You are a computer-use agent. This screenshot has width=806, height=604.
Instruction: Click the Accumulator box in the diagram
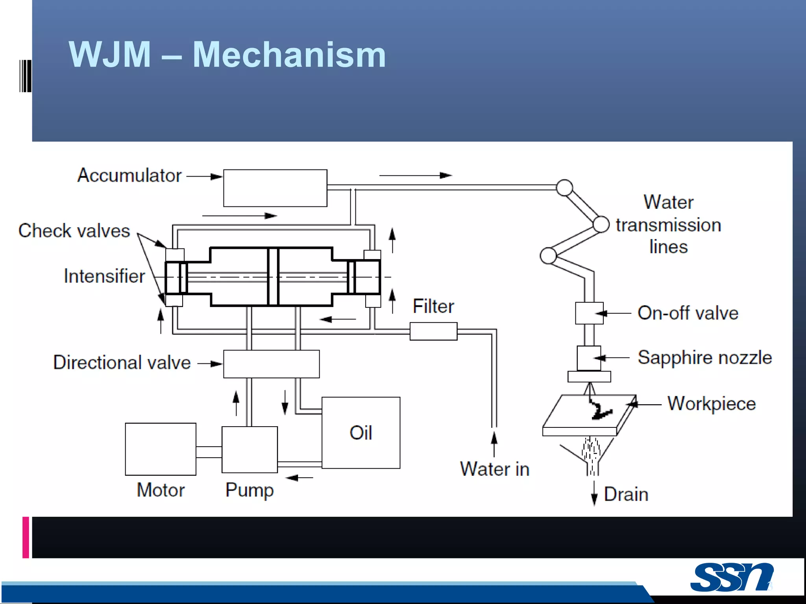(x=275, y=188)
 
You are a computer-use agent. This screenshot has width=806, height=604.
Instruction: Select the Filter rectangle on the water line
(x=433, y=331)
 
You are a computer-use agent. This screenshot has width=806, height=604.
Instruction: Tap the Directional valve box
(x=271, y=364)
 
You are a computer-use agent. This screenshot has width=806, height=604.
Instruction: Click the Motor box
(x=161, y=449)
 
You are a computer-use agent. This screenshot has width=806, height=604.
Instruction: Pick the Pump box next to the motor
(x=250, y=449)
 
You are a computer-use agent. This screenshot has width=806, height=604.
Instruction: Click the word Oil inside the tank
(x=360, y=433)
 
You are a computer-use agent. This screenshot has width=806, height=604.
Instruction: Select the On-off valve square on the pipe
(x=589, y=313)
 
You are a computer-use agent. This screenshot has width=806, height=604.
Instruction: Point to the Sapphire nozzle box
(x=588, y=358)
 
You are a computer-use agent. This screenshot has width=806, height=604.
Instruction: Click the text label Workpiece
(x=712, y=403)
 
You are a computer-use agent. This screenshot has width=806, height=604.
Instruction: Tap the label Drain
(x=626, y=494)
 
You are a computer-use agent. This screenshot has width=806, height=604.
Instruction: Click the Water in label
(x=495, y=469)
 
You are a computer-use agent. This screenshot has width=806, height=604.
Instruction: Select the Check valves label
(x=74, y=231)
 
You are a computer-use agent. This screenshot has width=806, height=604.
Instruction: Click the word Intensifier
(x=104, y=276)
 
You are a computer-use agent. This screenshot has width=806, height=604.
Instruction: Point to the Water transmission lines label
(x=668, y=225)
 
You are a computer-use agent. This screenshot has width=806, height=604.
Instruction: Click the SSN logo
(x=732, y=577)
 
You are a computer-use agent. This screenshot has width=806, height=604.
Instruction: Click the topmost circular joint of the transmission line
(x=564, y=188)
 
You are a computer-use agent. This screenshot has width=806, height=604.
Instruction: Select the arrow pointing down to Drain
(x=594, y=494)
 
